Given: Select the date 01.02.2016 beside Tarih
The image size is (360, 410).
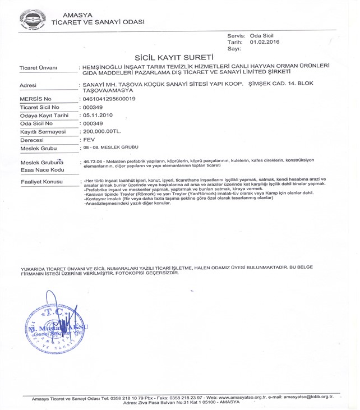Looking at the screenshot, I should [265, 42].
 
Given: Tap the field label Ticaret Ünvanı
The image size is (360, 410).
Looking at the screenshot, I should [39, 68].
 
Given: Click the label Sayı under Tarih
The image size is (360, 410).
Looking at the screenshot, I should [234, 49].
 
